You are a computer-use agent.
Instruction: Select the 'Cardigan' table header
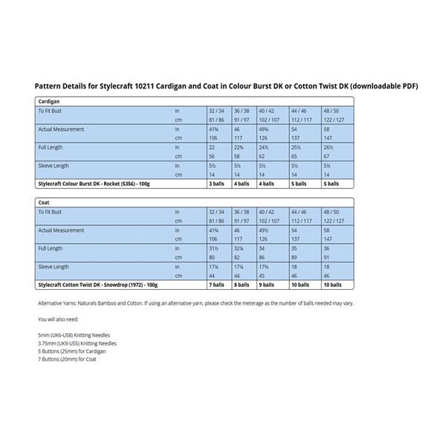coord(50,100)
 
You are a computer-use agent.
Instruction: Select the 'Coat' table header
coord(45,201)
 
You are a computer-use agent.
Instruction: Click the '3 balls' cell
coord(217,183)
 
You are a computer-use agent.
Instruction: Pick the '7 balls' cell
coord(217,285)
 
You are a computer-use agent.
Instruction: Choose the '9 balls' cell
coord(267,285)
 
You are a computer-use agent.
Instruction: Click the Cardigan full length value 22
coord(212,147)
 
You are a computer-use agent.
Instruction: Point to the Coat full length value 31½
coord(213,248)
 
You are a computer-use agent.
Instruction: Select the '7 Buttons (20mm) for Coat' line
coord(67,360)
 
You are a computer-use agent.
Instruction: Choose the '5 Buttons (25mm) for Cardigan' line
coord(71,352)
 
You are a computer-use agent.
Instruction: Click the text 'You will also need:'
coord(59,319)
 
